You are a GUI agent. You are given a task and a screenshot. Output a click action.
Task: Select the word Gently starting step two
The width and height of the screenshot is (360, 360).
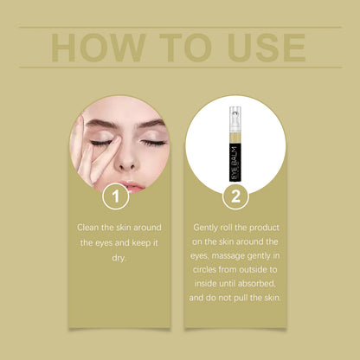tap(209, 227)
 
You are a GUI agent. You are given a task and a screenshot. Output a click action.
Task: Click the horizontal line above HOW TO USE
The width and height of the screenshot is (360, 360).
tap(180, 28)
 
